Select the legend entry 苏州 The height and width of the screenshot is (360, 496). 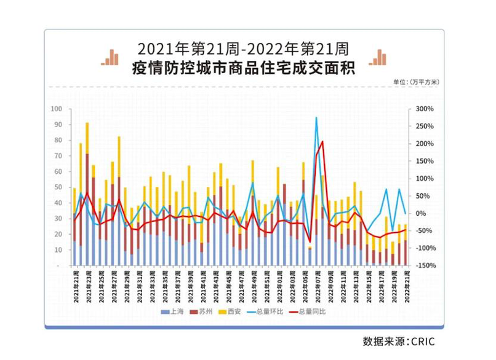click(206, 312)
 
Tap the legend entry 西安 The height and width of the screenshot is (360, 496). click(234, 312)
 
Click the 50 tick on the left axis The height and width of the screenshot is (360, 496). click(59, 187)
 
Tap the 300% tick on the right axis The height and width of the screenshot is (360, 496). click(425, 109)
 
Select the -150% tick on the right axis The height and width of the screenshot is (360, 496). click(425, 265)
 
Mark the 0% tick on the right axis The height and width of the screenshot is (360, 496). click(422, 213)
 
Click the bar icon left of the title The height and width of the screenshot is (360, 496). click(111, 57)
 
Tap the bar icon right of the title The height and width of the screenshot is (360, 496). click(377, 57)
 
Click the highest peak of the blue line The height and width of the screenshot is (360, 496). click(316, 117)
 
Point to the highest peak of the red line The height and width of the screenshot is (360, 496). click(322, 141)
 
